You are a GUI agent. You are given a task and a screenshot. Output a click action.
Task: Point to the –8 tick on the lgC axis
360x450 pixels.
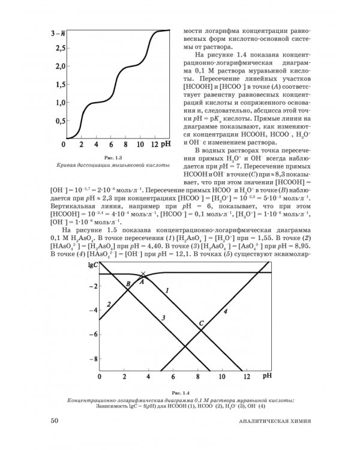(x=92, y=358)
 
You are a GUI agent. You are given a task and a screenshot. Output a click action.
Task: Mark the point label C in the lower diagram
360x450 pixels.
(x=202, y=324)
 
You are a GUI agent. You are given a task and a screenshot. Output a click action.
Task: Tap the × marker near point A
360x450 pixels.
(x=142, y=274)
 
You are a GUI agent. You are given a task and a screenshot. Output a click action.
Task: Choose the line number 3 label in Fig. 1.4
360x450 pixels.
(x=163, y=316)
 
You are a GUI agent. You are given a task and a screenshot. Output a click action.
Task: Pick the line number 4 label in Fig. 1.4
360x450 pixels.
(x=225, y=311)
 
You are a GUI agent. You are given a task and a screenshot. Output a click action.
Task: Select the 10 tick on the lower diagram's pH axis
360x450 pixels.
(x=223, y=377)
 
